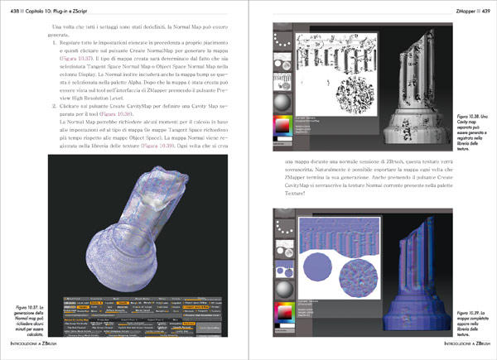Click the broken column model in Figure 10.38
coord(427,79)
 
